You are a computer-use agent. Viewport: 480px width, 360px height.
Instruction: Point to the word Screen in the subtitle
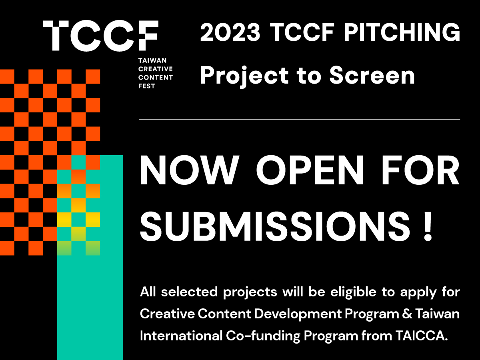point(372,75)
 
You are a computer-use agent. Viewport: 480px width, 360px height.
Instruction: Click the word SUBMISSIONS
point(272,226)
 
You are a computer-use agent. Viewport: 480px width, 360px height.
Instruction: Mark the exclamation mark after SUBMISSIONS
point(428,226)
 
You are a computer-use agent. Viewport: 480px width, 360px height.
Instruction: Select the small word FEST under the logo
point(146,86)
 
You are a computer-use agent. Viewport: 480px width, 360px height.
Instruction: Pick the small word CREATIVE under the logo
point(155,69)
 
